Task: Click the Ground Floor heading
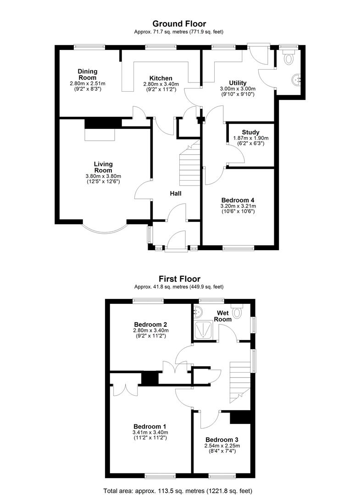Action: [x=179, y=24]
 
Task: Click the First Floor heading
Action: [x=179, y=279]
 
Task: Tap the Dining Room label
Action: [x=88, y=75]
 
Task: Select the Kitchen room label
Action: [x=161, y=78]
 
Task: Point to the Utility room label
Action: [x=238, y=83]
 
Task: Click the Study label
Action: [x=251, y=132]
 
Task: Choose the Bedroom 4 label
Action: [x=238, y=200]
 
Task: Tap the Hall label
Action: [x=176, y=193]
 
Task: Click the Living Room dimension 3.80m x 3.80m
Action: [x=103, y=176]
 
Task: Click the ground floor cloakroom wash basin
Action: [x=298, y=79]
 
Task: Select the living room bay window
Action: [x=105, y=228]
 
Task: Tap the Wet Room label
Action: [x=223, y=316]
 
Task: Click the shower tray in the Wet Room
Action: [x=203, y=330]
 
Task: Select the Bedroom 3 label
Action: [x=222, y=440]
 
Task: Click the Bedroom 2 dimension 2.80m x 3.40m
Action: [x=150, y=330]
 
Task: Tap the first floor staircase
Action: [x=240, y=382]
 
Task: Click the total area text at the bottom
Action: [x=178, y=491]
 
